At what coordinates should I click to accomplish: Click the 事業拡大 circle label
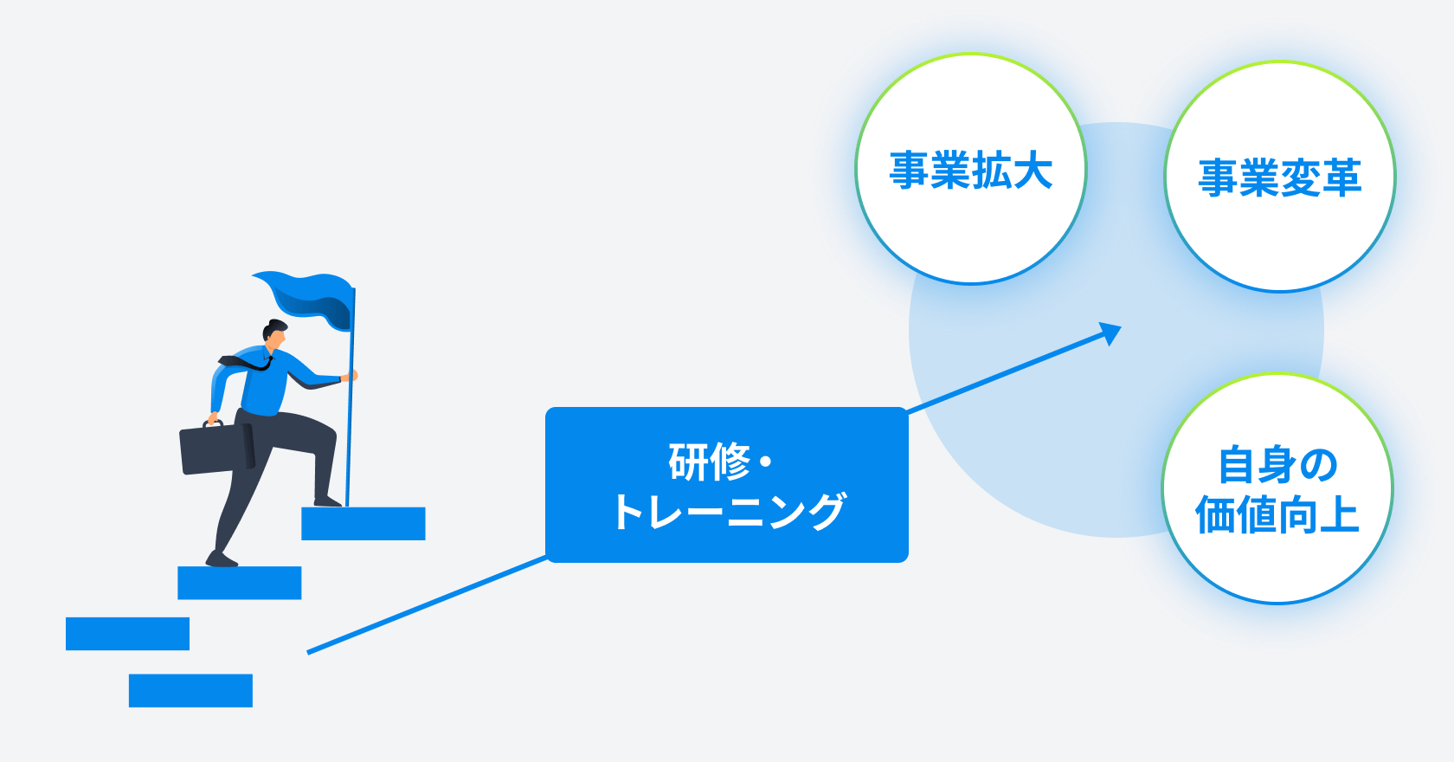click(x=971, y=171)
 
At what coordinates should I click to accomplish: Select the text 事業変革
click(x=1279, y=178)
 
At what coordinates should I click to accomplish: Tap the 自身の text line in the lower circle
click(x=1277, y=465)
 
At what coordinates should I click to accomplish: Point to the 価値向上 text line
click(x=1277, y=514)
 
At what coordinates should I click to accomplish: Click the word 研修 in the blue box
click(x=710, y=462)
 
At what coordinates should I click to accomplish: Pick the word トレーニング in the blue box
click(x=729, y=511)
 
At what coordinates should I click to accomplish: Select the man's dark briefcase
click(x=216, y=449)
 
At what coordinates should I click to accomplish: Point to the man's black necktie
click(x=248, y=363)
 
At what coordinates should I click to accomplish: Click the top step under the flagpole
click(x=363, y=524)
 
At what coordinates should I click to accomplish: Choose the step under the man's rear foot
click(x=240, y=583)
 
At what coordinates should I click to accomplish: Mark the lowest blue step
click(x=190, y=690)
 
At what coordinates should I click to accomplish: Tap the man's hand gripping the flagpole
click(x=351, y=376)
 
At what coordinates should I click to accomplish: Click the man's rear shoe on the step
click(x=221, y=559)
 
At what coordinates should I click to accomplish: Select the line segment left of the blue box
click(x=428, y=604)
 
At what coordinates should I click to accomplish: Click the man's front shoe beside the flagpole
click(x=327, y=501)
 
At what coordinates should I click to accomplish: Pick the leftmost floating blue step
click(x=127, y=633)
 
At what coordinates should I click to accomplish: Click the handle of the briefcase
click(x=213, y=424)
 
